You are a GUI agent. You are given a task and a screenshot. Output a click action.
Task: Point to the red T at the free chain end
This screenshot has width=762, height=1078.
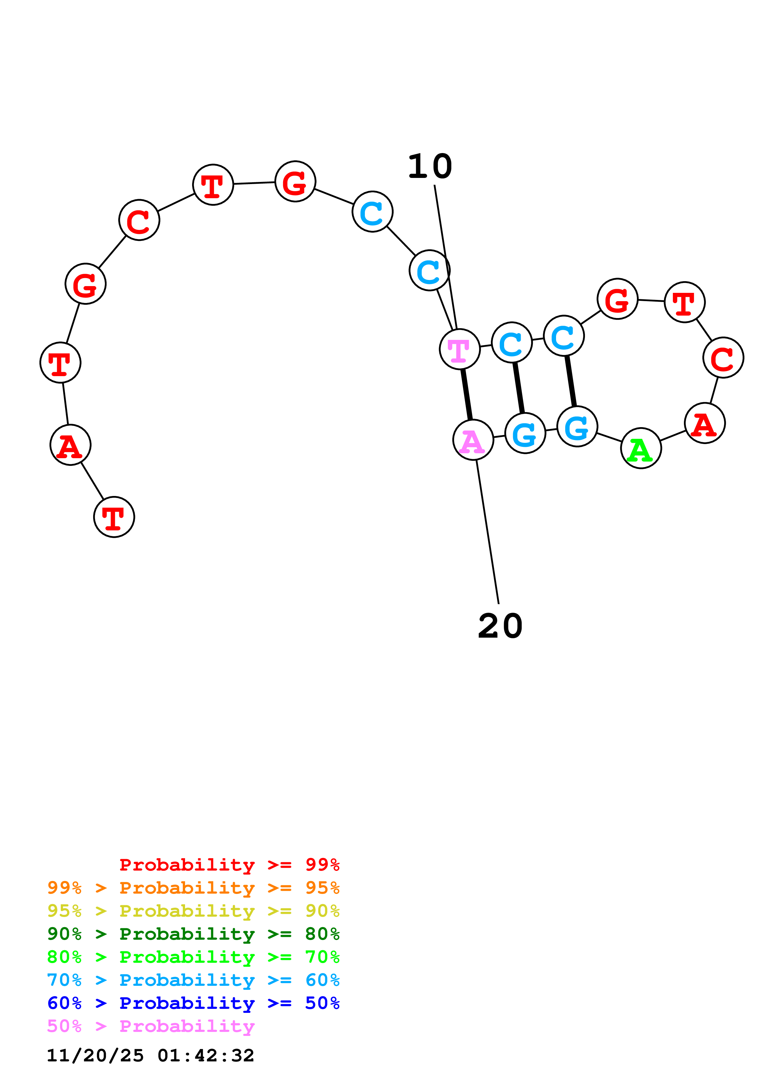114,517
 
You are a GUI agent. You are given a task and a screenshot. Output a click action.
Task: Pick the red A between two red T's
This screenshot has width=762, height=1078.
70,445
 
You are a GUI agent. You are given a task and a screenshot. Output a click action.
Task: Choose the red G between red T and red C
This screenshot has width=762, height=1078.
85,284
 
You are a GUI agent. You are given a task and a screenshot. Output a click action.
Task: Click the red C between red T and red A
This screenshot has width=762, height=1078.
723,357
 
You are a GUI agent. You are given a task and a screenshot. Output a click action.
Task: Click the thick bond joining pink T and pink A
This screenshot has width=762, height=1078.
466,394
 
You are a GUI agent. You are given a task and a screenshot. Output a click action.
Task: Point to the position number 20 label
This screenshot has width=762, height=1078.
500,626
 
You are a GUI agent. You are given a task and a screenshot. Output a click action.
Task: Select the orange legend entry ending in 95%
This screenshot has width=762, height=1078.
193,887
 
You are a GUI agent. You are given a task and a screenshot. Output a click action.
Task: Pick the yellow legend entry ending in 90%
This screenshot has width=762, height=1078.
193,911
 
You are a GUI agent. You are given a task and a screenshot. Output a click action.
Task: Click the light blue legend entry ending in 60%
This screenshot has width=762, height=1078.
193,980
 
